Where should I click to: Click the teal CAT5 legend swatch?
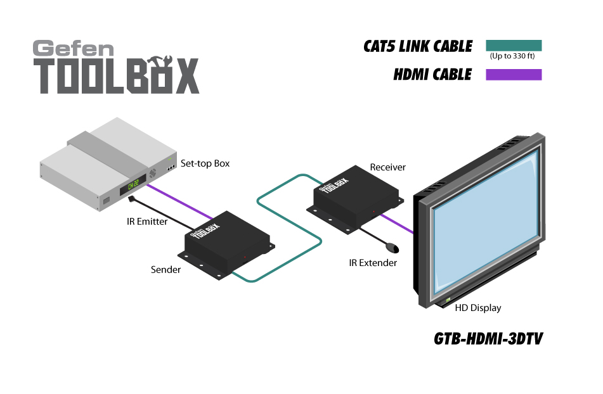pyautogui.click(x=514, y=46)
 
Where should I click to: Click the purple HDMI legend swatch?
pyautogui.click(x=514, y=75)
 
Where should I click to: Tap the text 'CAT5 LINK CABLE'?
pyautogui.click(x=418, y=46)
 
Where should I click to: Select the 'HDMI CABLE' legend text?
pyautogui.click(x=432, y=75)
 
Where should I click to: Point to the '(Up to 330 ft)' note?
pyautogui.click(x=512, y=56)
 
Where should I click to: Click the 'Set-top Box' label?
pyautogui.click(x=205, y=163)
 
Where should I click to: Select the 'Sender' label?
pyautogui.click(x=165, y=270)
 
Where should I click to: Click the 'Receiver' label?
pyautogui.click(x=387, y=167)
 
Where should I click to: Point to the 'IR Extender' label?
pyautogui.click(x=373, y=262)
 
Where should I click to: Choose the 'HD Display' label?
pyautogui.click(x=478, y=308)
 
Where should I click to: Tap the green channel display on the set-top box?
pyautogui.click(x=133, y=185)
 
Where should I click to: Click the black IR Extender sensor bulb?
pyautogui.click(x=393, y=246)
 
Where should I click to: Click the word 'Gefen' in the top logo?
pyautogui.click(x=74, y=49)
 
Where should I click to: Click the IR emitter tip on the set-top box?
pyautogui.click(x=131, y=200)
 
